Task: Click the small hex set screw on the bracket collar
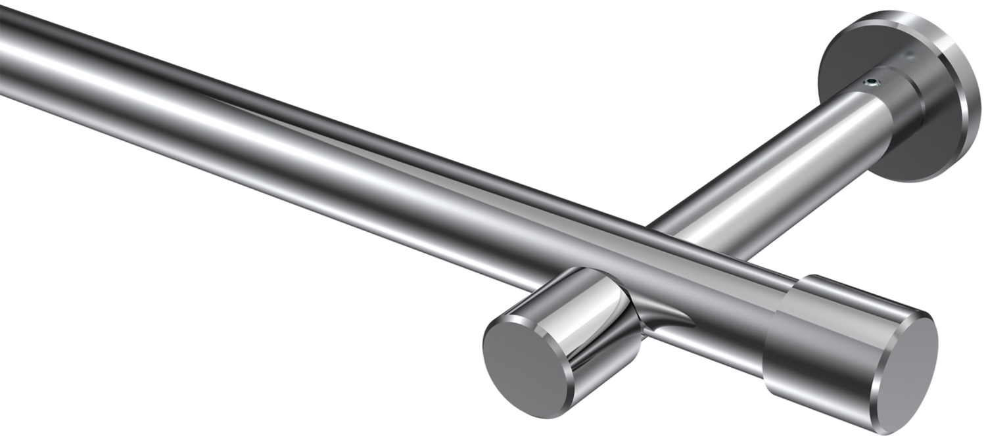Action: coord(872,82)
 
